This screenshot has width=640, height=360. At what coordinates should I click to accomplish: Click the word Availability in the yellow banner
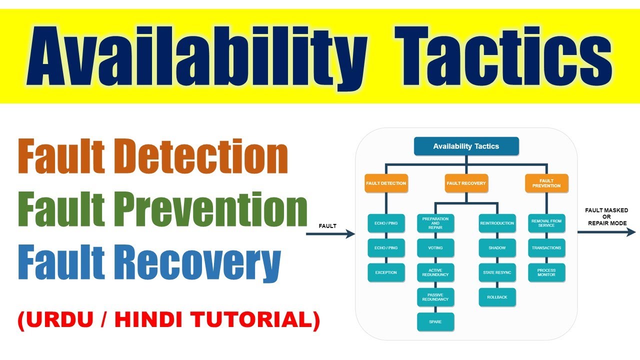(197, 56)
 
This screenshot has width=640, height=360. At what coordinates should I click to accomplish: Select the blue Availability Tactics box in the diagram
(466, 146)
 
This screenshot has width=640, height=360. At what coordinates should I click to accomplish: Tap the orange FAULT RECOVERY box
(466, 183)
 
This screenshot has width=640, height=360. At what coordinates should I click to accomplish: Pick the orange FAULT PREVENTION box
(546, 183)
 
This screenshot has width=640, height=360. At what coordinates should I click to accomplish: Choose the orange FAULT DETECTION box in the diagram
(386, 183)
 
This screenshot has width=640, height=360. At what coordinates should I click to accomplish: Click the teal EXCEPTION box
(386, 272)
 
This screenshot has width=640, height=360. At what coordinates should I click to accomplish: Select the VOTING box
(435, 248)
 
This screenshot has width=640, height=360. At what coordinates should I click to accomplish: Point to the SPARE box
(435, 322)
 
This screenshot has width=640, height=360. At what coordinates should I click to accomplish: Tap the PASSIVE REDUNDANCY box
(435, 297)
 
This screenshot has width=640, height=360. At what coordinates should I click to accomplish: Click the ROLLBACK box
(497, 297)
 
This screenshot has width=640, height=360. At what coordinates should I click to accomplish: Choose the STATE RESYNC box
(497, 272)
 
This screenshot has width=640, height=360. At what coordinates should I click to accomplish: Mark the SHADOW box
(497, 248)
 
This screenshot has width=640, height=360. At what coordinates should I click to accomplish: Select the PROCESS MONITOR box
(546, 272)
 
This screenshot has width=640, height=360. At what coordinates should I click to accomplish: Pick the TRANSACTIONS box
(546, 248)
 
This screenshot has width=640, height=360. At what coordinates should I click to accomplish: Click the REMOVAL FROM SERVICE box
(546, 223)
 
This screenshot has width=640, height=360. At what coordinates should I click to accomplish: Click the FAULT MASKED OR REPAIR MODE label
(606, 216)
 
